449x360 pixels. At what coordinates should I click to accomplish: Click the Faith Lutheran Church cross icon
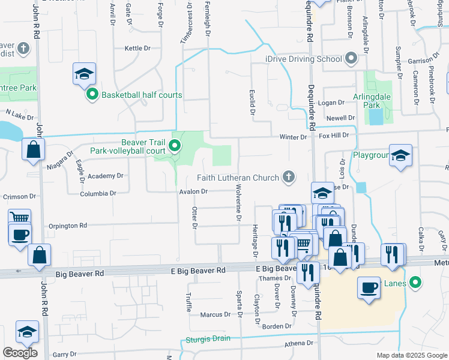289,177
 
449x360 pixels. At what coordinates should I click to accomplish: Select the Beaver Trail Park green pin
175,146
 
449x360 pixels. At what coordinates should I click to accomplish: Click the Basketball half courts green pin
92,95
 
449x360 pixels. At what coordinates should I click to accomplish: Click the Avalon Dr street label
193,192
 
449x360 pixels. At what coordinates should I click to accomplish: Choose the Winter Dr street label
293,137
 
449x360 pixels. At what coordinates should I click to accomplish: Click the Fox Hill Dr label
333,136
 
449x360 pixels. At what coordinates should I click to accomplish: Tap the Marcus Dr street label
215,314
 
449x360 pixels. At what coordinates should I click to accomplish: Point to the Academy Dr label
105,176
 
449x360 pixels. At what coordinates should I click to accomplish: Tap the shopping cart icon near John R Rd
20,218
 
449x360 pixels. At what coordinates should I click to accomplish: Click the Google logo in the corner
20,353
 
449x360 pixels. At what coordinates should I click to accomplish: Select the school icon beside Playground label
400,156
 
